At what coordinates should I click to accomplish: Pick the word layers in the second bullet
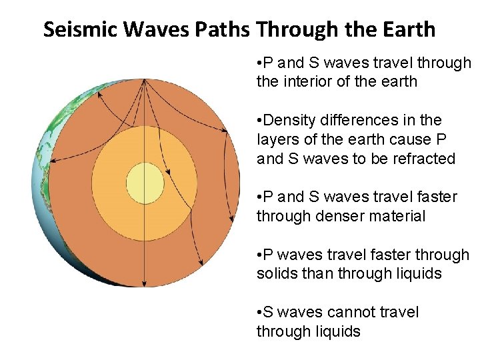(275, 139)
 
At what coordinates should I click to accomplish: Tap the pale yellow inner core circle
(145, 181)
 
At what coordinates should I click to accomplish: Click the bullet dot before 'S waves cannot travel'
(259, 313)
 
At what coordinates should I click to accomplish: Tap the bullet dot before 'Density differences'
(259, 121)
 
